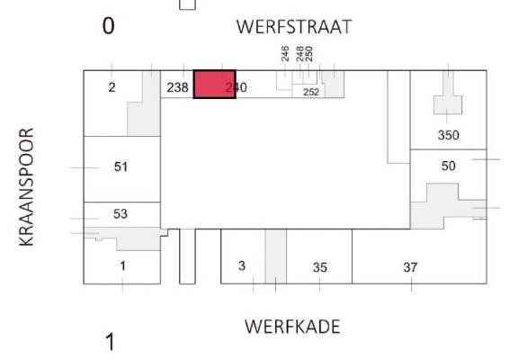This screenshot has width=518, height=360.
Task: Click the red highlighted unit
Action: tap(215, 85)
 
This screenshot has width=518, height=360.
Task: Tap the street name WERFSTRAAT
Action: tap(294, 27)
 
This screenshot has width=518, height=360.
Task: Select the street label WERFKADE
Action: tap(292, 327)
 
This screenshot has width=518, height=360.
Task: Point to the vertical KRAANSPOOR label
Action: tap(27, 187)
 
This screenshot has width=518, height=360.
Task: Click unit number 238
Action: tap(177, 87)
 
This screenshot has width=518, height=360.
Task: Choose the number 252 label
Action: tap(311, 92)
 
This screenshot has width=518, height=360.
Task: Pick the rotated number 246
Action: tap(285, 54)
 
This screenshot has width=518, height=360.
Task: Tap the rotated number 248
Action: tap(300, 54)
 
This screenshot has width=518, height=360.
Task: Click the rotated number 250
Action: tap(308, 54)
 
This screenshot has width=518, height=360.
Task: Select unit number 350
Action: tap(448, 135)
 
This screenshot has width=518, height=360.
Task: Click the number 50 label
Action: tap(448, 166)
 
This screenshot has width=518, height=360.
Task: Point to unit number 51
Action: tap(121, 166)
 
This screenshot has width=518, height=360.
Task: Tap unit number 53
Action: tap(121, 214)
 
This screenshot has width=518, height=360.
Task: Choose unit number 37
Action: tap(410, 267)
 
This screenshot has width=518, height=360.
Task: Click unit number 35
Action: tap(320, 267)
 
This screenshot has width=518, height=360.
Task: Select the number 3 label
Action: tap(242, 265)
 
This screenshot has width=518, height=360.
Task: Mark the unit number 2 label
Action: tap(112, 87)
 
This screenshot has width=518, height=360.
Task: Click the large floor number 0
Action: tap(108, 26)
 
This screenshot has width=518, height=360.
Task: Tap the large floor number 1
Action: tap(111, 342)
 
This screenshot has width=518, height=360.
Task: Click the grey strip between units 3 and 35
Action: tap(276, 256)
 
